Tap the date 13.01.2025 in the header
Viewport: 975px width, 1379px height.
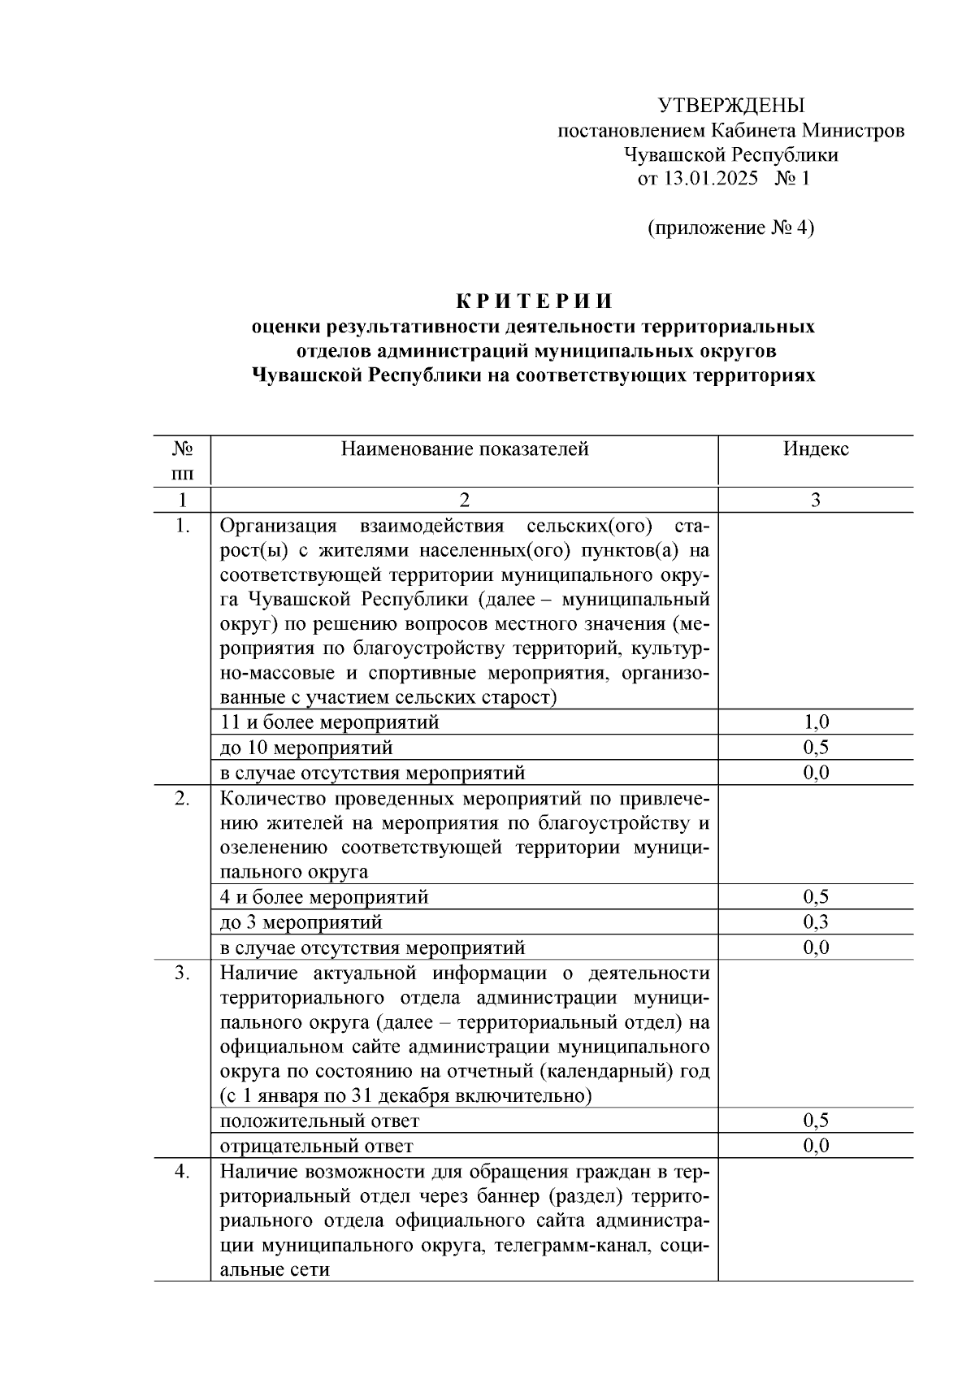pyautogui.click(x=711, y=179)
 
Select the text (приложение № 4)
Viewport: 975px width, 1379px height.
pyautogui.click(x=730, y=228)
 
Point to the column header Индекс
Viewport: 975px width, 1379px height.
pyautogui.click(x=816, y=449)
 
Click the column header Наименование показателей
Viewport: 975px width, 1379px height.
pyautogui.click(x=464, y=449)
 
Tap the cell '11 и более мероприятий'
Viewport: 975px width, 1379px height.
pyautogui.click(x=330, y=722)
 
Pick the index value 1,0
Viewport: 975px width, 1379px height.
pyautogui.click(x=816, y=722)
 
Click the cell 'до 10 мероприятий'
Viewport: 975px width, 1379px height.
pyautogui.click(x=307, y=747)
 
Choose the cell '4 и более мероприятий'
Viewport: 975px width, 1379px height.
pyautogui.click(x=324, y=897)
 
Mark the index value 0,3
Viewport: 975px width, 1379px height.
pyautogui.click(x=816, y=922)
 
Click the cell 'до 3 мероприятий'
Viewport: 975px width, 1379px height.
pyautogui.click(x=301, y=922)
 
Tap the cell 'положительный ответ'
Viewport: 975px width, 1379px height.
pyautogui.click(x=320, y=1121)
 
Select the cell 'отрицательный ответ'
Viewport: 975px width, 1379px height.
pyautogui.click(x=317, y=1147)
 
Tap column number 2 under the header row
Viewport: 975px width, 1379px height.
pyautogui.click(x=464, y=500)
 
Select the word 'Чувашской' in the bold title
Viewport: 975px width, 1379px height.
pyautogui.click(x=308, y=375)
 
